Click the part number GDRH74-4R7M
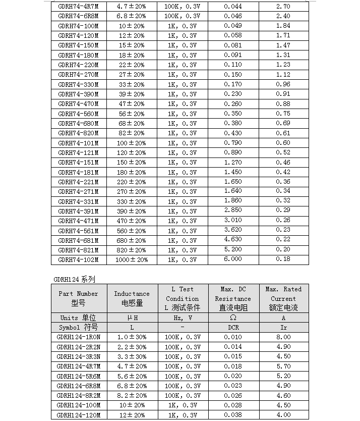(78, 7)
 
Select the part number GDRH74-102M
(78, 259)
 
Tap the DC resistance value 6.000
(233, 259)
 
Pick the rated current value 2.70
(283, 7)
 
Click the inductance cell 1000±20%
(132, 259)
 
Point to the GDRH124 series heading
(74, 279)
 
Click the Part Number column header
(78, 298)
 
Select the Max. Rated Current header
(283, 298)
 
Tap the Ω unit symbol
(233, 318)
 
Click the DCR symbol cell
(233, 328)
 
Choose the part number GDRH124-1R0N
(79, 337)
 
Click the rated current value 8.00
(283, 337)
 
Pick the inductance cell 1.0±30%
(132, 337)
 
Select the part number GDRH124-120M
(79, 415)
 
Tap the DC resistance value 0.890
(233, 152)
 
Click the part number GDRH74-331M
(78, 201)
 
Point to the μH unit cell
(132, 318)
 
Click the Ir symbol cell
(283, 328)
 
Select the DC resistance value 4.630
(233, 240)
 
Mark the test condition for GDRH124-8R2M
(183, 395)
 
